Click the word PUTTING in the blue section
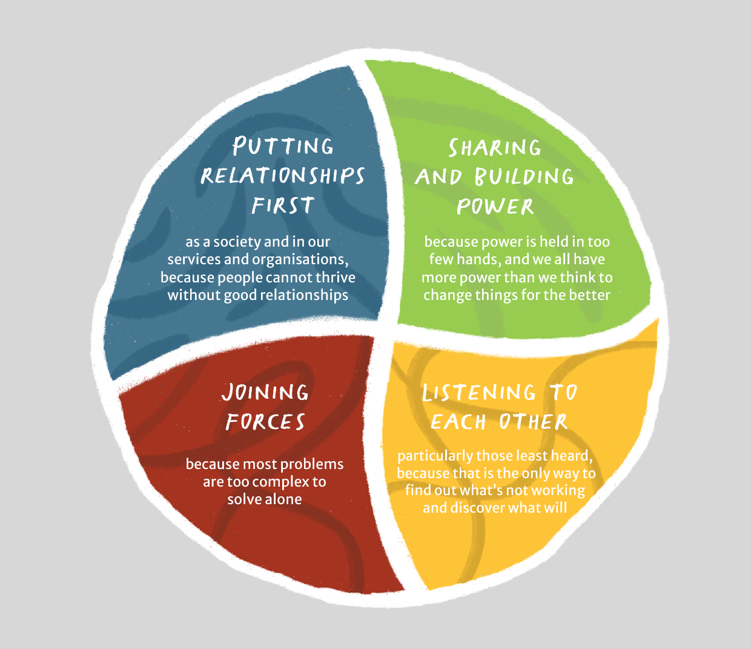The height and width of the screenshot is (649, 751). click(283, 146)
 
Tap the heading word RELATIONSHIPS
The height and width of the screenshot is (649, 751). click(283, 176)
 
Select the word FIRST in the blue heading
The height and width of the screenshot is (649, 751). click(283, 205)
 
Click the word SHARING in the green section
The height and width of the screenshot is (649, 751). click(495, 148)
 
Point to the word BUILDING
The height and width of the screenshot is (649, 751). click(524, 177)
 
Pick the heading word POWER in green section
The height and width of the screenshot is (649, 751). click(495, 207)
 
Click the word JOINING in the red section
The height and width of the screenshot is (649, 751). click(265, 393)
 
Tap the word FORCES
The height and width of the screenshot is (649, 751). click(265, 422)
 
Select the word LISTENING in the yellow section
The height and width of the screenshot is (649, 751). click(479, 393)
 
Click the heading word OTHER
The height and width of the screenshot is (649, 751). click(533, 422)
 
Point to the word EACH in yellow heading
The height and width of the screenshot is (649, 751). click(458, 422)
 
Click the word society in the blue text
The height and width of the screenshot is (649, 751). click(237, 242)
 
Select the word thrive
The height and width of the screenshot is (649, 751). click(336, 278)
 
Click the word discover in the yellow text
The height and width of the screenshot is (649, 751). click(476, 508)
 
